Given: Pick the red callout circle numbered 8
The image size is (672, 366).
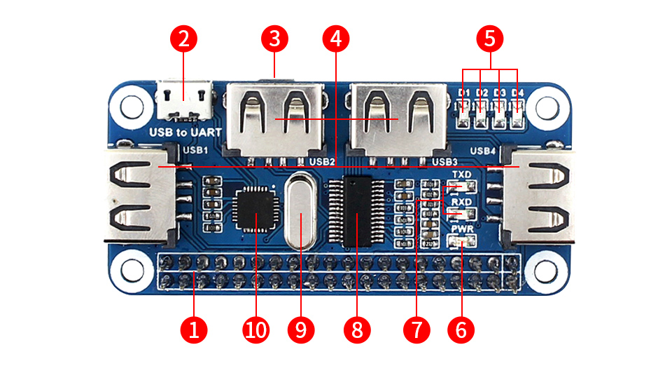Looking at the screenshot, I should tap(357, 328).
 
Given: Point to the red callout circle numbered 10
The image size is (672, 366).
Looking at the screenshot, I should tap(256, 328).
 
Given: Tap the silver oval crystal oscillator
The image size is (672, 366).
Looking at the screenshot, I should tap(301, 210).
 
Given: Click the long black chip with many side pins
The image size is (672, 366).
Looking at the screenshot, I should tap(357, 210).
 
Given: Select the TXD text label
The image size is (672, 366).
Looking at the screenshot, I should tap(462, 175).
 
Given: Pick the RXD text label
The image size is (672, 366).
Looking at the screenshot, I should tap(462, 202).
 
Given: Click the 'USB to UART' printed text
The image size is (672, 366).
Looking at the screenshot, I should tap(185, 132).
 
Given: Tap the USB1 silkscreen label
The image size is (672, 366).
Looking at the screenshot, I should tap(195, 149).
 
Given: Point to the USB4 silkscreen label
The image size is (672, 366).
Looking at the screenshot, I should tap(482, 150).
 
